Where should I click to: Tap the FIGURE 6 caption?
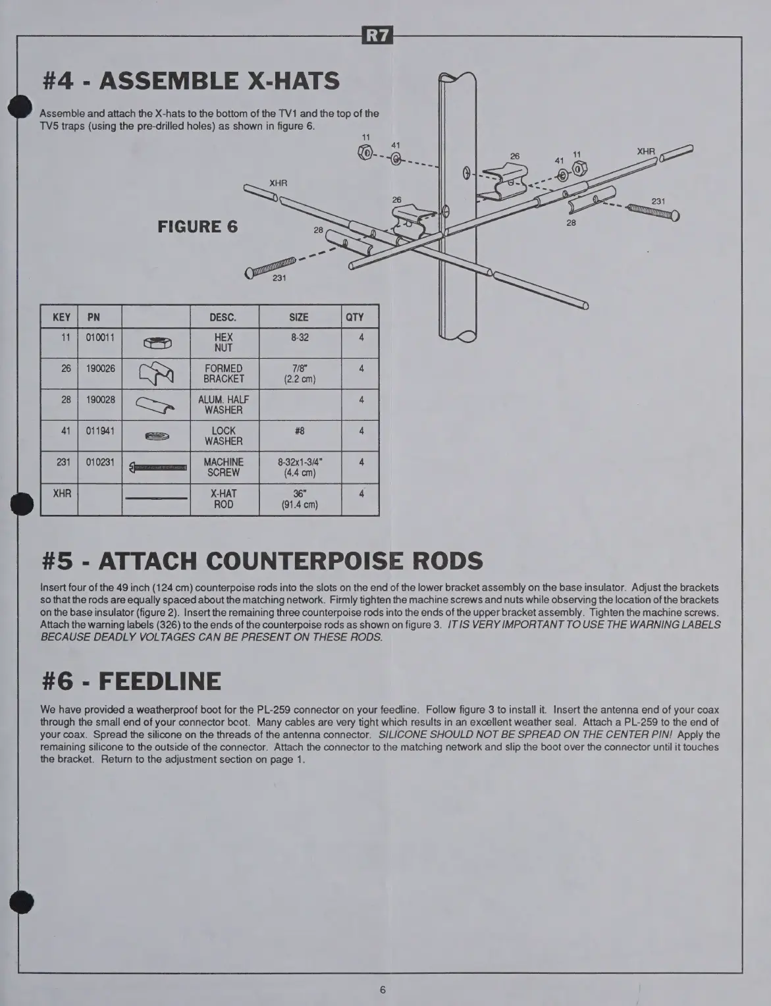click(198, 226)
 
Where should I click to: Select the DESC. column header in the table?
click(223, 317)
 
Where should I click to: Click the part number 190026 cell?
click(99, 369)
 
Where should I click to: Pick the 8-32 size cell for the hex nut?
click(300, 337)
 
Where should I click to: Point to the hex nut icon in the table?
click(157, 342)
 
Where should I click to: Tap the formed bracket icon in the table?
click(157, 374)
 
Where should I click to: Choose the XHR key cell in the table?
click(61, 493)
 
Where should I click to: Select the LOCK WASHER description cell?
click(223, 436)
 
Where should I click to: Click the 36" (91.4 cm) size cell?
click(300, 499)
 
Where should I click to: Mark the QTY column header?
click(355, 317)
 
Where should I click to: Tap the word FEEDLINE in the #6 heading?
click(160, 681)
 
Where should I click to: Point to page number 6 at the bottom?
click(383, 990)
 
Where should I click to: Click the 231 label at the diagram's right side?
click(658, 201)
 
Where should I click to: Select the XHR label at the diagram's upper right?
click(646, 151)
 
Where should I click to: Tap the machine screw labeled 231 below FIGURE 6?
click(271, 267)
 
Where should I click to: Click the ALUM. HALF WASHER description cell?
click(223, 404)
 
